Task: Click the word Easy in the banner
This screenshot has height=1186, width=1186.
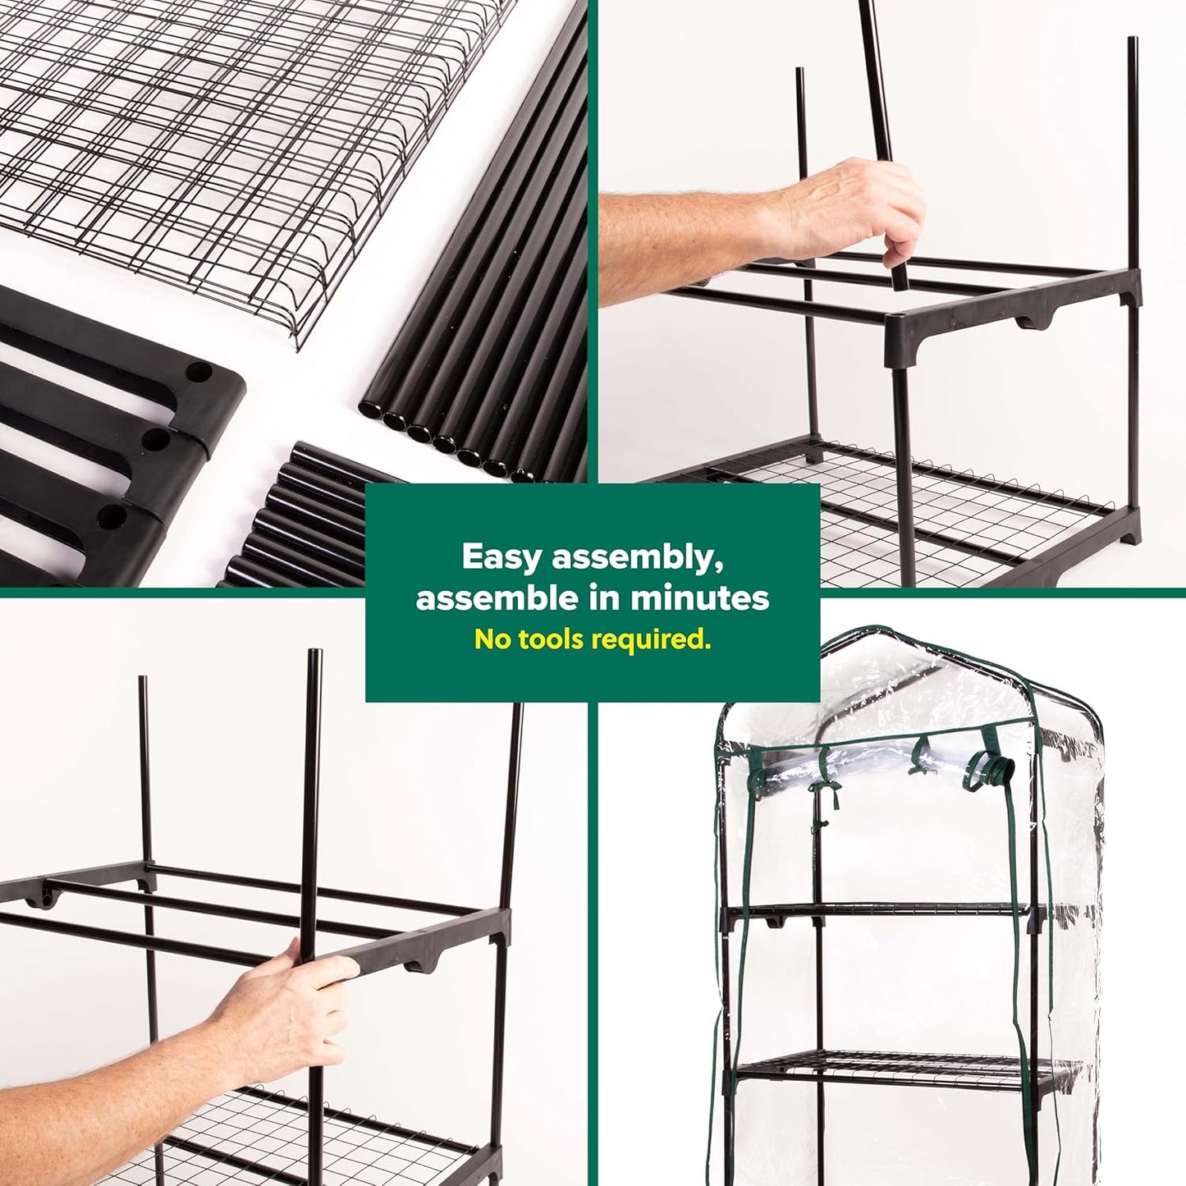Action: [501, 556]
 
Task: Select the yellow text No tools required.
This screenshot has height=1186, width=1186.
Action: [593, 639]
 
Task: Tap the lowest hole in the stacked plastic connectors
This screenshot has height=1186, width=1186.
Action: [110, 517]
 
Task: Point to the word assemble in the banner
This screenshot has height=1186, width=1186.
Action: [497, 598]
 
